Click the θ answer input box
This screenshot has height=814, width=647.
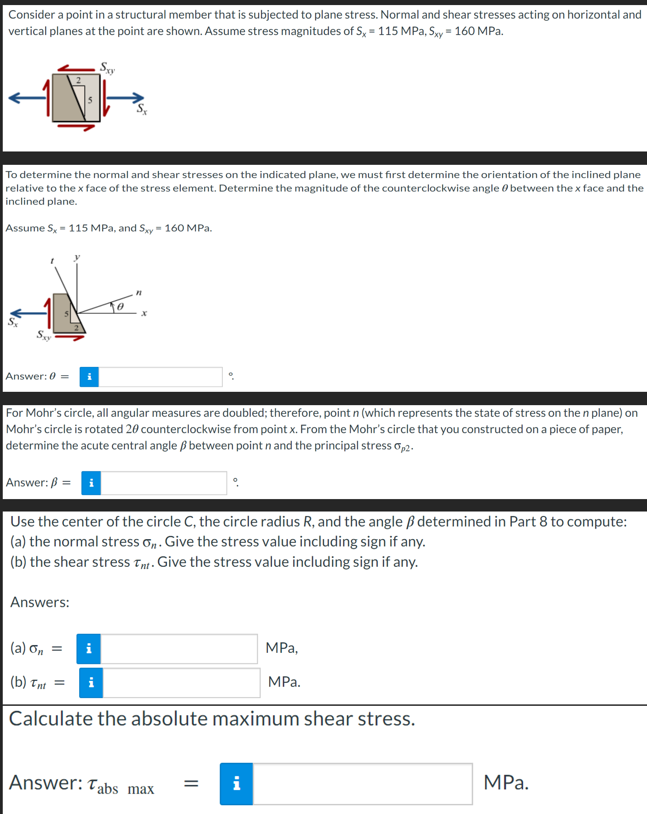(160, 377)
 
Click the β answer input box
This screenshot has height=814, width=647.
(163, 483)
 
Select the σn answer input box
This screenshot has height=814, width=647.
(179, 649)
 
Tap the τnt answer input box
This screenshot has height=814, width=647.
(181, 682)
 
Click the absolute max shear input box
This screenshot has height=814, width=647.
(362, 784)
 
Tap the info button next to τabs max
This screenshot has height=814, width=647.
(236, 784)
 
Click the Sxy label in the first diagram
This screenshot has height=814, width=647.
(107, 68)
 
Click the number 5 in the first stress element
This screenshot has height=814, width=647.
(90, 99)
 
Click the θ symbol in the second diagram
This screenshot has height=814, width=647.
(120, 306)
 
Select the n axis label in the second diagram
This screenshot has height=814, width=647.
(139, 292)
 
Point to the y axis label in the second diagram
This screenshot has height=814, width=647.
(77, 257)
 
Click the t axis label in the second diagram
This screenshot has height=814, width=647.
(52, 261)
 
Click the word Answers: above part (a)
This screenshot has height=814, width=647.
(40, 602)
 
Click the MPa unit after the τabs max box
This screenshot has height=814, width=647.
(506, 783)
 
